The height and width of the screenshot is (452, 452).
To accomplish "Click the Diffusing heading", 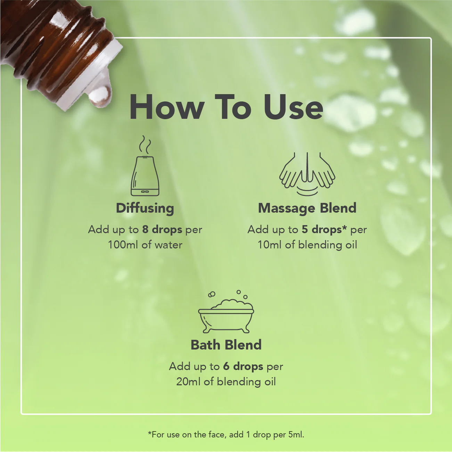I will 145,208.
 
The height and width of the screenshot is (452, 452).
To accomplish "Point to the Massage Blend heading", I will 307,208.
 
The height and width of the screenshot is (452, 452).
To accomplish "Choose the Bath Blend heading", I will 226,345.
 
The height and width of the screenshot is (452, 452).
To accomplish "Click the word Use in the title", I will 293,107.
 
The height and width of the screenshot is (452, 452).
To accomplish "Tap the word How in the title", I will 167,107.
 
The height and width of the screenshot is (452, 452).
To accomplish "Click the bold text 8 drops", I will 162,230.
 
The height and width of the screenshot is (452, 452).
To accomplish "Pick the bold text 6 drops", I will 243,367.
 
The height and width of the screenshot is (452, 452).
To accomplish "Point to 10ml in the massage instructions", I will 270,245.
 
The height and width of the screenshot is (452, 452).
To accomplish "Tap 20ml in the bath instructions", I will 188,382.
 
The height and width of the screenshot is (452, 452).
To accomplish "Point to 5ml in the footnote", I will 296,435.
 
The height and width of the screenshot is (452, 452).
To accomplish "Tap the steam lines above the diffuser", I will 145,145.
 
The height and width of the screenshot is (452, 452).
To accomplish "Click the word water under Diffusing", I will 169,245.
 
